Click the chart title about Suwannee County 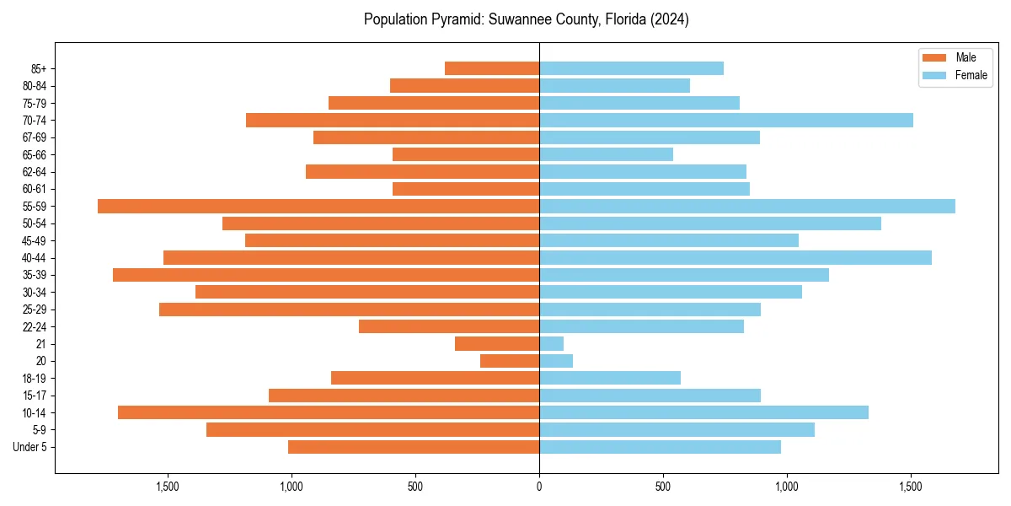526,19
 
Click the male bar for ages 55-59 318,206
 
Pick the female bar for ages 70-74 726,120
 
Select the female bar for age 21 551,343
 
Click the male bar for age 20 510,361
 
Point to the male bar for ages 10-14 329,412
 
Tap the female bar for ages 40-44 736,257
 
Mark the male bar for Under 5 414,447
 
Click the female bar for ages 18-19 610,378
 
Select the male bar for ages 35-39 326,275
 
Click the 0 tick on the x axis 539,487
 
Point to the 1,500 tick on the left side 167,487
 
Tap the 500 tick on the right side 663,487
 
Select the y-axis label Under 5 29,447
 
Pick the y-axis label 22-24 34,326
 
